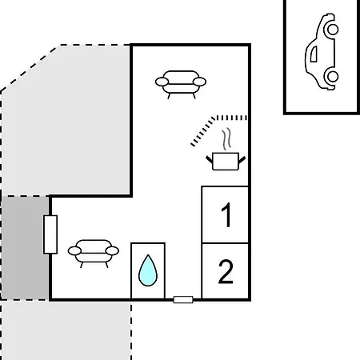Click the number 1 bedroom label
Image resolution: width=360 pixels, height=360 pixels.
point(226,214)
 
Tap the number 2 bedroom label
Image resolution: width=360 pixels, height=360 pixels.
point(226,271)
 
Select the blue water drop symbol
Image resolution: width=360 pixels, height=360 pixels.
point(148,270)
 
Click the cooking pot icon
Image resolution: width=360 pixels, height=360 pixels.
point(226,161)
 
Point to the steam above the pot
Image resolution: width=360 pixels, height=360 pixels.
point(226,139)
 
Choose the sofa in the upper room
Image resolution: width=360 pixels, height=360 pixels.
point(181,84)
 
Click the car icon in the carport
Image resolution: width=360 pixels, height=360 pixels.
point(322,51)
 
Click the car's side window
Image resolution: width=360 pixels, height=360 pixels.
point(314,54)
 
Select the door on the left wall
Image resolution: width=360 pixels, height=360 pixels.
point(50,234)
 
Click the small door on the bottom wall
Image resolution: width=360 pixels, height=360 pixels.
point(183,300)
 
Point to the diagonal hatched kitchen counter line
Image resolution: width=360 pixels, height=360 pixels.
point(202,132)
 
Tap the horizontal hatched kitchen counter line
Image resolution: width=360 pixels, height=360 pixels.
point(231,118)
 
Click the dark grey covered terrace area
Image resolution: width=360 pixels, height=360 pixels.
point(25,248)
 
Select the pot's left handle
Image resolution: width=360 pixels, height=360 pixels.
point(209,159)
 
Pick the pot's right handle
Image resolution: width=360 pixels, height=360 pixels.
point(242,160)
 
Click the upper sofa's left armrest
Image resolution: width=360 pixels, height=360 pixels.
point(162,82)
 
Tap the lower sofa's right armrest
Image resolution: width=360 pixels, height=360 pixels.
point(112,251)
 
